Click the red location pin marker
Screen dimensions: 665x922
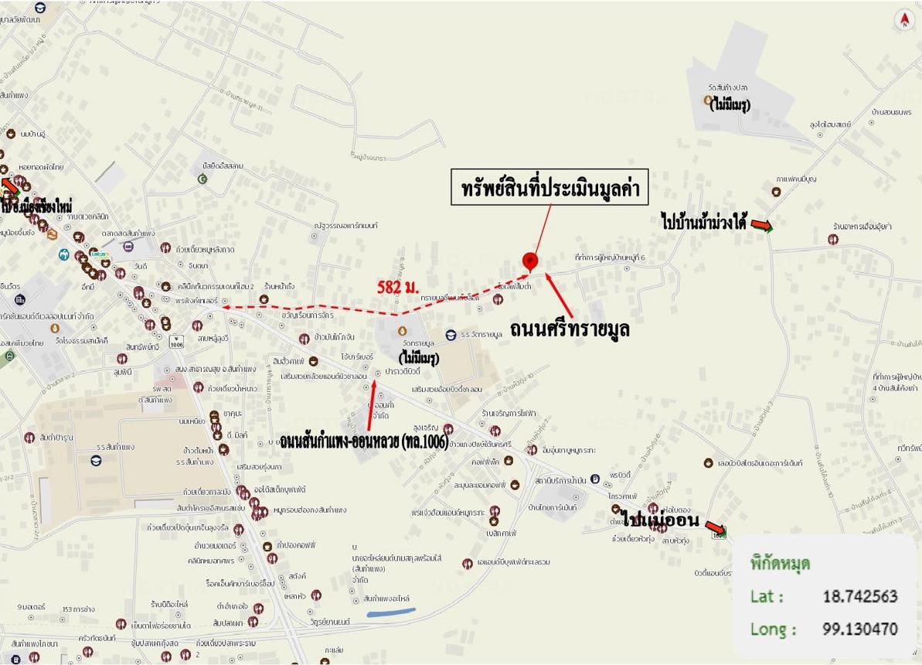529,261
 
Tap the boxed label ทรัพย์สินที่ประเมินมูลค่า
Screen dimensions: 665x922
549,189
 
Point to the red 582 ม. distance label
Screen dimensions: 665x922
399,287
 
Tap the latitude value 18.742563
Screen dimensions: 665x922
860,596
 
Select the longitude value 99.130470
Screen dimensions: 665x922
860,629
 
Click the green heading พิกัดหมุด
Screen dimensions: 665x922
781,562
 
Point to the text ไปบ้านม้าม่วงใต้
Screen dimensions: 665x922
703,223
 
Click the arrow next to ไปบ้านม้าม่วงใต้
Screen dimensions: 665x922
762,226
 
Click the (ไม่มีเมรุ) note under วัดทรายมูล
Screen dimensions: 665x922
419,358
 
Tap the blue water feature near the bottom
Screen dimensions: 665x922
391,612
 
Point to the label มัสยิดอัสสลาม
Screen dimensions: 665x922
223,166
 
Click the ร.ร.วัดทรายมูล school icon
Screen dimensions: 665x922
451,334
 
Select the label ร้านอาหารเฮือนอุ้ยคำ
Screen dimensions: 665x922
862,227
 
